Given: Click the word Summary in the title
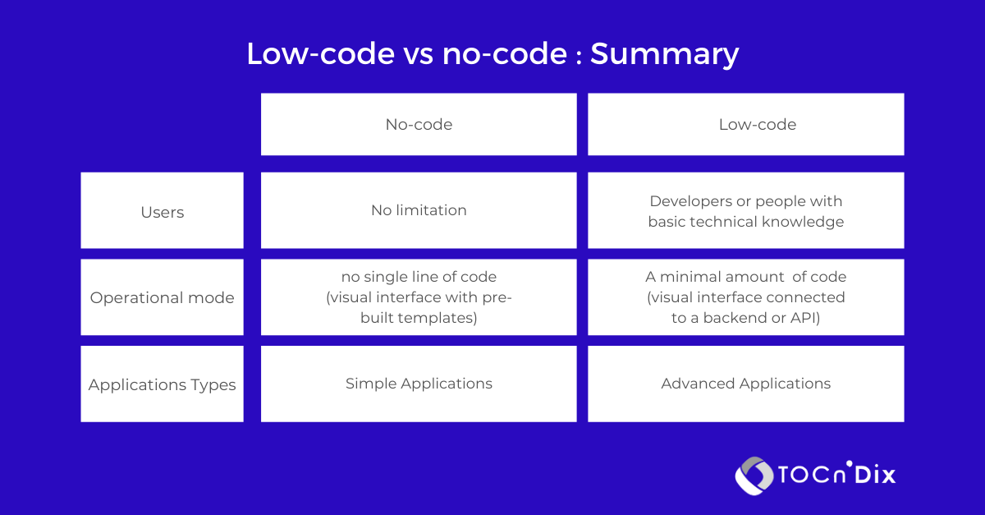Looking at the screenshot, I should click(x=664, y=54).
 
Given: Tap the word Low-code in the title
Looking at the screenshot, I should click(x=319, y=54).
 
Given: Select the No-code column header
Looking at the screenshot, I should click(x=419, y=125).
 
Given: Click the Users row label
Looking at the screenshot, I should click(x=163, y=212).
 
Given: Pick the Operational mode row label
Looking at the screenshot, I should click(x=163, y=297).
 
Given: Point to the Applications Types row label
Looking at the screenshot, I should click(x=163, y=384).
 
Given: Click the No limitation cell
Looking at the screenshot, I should click(x=419, y=210).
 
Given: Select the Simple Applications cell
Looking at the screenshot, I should click(x=419, y=384).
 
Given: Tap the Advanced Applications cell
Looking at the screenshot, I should click(x=745, y=384).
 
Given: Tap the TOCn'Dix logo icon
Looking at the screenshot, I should click(x=754, y=476).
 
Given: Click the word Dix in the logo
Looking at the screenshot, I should click(x=873, y=475).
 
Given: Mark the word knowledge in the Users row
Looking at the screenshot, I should click(x=804, y=222).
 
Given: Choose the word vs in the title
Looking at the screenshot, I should click(x=416, y=54).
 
